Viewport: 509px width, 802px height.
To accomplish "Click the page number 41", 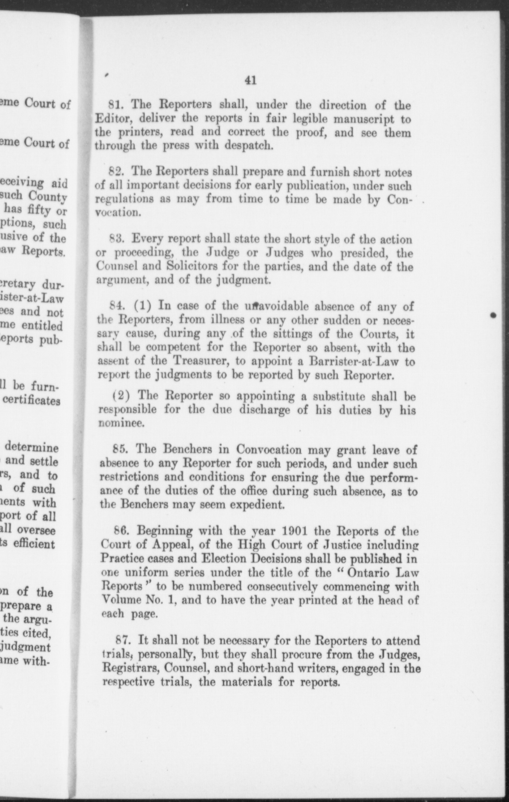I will [250, 80].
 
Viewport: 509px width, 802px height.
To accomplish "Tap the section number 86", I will [121, 531].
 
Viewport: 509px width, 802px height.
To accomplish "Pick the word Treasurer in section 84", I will [200, 361].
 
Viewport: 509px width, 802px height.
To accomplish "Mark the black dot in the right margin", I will [493, 315].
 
